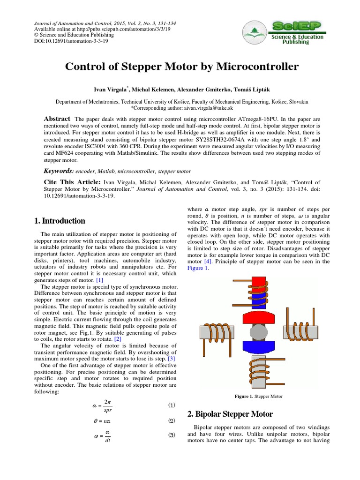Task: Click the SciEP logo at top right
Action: [x=297, y=32]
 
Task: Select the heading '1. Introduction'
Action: [x=60, y=221]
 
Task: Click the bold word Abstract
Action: [x=57, y=119]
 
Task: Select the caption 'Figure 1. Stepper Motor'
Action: [x=259, y=397]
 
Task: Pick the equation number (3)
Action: [x=172, y=435]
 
